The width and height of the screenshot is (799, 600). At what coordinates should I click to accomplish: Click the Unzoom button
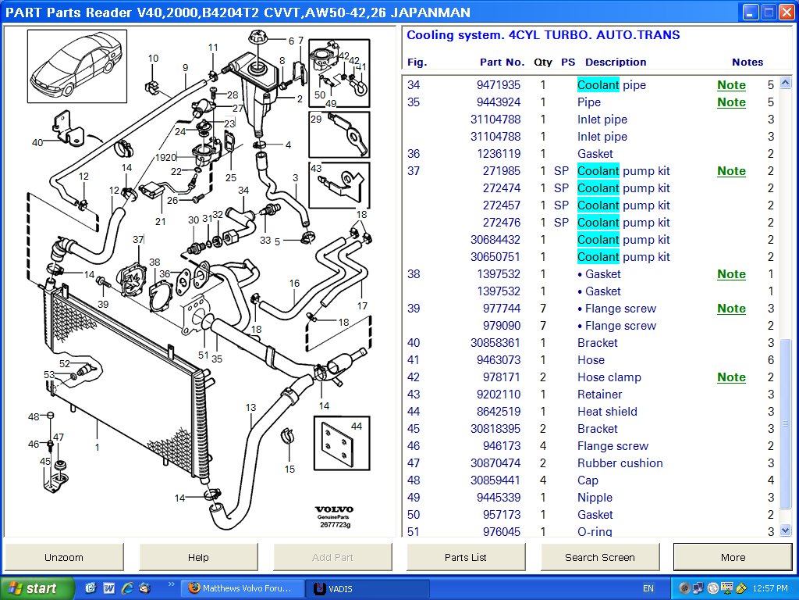64,557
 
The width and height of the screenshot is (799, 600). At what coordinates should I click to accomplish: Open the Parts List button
466,557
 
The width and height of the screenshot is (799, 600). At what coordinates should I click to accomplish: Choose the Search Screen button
599,557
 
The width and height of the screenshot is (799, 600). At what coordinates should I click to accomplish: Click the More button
732,557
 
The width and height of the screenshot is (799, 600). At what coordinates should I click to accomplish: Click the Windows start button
37,588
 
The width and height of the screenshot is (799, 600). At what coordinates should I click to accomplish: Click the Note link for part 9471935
731,85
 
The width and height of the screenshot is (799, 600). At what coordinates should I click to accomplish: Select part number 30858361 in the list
495,343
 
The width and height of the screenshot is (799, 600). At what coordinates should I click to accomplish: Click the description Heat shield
607,412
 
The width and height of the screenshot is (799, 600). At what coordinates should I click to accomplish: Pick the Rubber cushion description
620,463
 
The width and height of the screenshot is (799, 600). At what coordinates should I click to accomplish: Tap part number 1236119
499,154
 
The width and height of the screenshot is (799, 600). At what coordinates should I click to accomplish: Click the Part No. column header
502,62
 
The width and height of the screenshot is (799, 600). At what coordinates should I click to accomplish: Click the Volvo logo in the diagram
334,509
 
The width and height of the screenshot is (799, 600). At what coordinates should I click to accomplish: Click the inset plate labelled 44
341,444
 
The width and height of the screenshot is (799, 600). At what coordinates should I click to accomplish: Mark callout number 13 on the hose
250,407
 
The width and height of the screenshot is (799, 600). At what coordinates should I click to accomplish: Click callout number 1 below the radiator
97,448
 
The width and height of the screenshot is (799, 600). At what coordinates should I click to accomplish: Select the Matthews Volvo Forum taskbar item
240,588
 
